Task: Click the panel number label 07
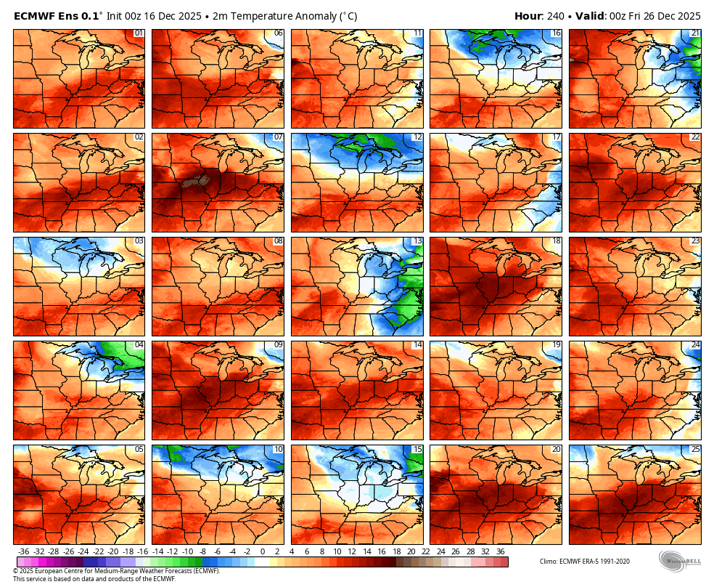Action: click(278, 137)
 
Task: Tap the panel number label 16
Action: click(556, 33)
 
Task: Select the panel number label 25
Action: click(695, 449)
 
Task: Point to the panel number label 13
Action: click(416, 241)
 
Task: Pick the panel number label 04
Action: click(139, 345)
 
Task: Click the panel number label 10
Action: click(278, 449)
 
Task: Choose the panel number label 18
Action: click(556, 241)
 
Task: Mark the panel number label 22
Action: click(695, 137)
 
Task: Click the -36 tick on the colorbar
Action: click(24, 552)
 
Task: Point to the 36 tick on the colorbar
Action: click(500, 552)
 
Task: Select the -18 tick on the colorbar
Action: click(143, 552)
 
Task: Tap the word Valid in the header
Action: click(591, 16)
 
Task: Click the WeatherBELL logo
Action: click(680, 562)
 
